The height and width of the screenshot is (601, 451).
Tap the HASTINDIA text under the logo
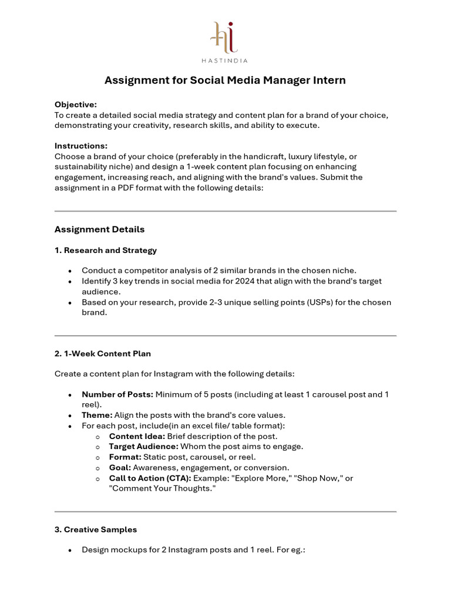click(x=225, y=60)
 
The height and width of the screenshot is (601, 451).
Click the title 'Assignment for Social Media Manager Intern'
click(x=225, y=80)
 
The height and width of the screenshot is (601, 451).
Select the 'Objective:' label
click(x=76, y=104)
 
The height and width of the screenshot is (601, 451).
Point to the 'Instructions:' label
click(x=80, y=146)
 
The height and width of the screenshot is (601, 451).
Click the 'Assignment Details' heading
click(x=99, y=229)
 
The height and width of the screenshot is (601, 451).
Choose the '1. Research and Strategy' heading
click(x=106, y=250)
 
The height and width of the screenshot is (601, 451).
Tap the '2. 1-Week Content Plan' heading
click(x=103, y=354)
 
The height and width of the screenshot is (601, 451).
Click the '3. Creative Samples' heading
click(x=96, y=529)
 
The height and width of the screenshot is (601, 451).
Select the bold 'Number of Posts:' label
click(x=117, y=394)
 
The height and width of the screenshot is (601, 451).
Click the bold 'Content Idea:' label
click(x=137, y=436)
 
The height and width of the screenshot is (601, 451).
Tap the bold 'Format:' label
click(x=125, y=457)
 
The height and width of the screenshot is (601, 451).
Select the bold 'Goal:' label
click(x=120, y=468)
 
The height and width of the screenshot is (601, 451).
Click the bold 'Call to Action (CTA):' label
click(x=150, y=478)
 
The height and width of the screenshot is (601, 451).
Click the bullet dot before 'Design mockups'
click(x=70, y=551)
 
